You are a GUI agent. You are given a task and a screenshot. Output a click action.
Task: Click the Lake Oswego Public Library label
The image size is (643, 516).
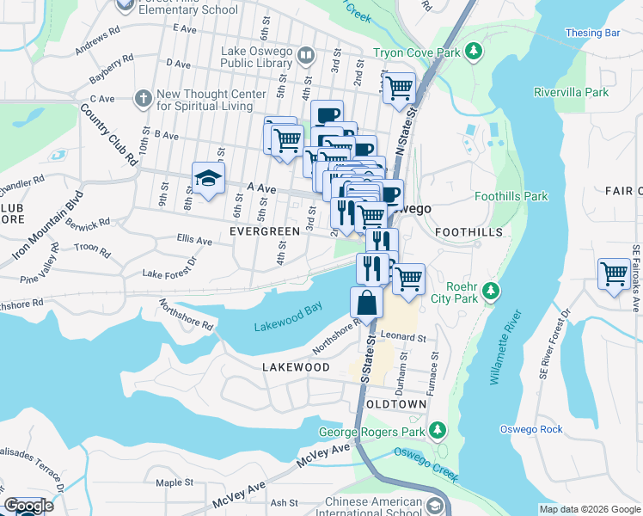256,56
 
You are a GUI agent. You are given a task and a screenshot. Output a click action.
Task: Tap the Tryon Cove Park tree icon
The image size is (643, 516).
473,52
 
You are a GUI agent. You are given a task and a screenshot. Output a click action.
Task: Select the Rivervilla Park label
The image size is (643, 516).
570,92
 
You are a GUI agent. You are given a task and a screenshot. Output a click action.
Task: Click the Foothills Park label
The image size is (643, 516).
511,196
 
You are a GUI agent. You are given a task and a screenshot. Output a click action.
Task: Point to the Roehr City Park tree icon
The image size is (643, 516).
490,292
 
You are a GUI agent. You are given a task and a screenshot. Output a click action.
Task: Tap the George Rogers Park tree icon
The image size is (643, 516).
438,429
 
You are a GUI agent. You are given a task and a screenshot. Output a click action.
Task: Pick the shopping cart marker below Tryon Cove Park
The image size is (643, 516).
399,88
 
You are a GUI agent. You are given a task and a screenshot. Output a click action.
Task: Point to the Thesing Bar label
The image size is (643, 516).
592,33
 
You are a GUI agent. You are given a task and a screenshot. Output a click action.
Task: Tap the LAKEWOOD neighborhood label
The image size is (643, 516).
297,367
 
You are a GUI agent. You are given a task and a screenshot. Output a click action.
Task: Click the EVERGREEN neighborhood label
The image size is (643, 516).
265,231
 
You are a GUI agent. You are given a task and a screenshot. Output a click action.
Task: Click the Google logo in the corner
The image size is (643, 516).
28,506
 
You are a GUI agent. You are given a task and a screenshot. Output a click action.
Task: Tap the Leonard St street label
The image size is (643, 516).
404,338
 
